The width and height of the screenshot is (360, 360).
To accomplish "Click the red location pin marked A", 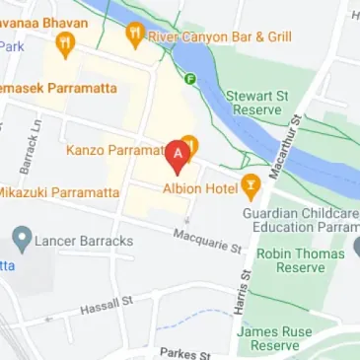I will (x=178, y=154).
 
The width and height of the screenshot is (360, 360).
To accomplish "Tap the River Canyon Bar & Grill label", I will (x=219, y=36).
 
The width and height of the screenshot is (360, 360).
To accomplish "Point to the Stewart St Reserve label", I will (x=260, y=104).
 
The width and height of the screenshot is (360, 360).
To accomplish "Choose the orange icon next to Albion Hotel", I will (x=252, y=183).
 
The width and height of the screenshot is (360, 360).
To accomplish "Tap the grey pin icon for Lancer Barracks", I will (x=20, y=238).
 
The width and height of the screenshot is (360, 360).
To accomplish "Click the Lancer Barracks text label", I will (x=83, y=240).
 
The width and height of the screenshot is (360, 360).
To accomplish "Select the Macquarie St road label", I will (x=207, y=238).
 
